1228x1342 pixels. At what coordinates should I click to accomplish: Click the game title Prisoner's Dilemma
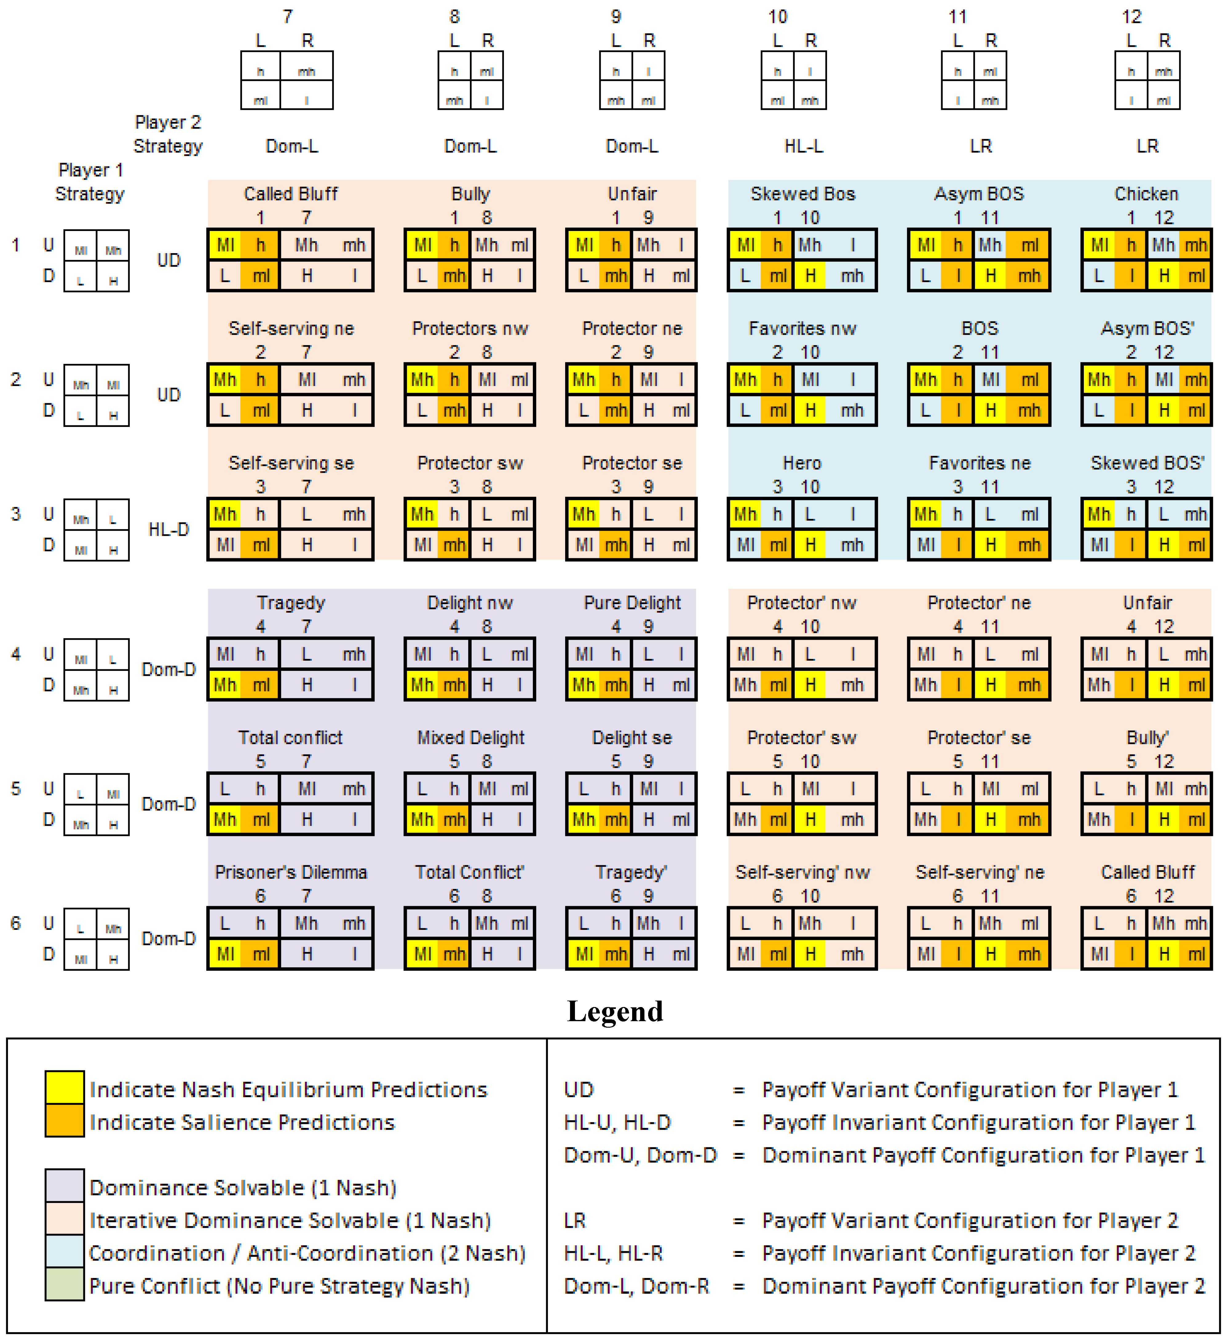coord(291,872)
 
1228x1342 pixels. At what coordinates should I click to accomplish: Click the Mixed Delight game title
coord(470,738)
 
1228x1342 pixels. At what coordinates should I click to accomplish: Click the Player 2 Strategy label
coord(168,134)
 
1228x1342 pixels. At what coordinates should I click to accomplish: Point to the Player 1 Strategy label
coord(90,182)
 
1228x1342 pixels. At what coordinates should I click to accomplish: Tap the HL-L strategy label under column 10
coord(803,146)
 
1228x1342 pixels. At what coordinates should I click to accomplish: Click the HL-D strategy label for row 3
coord(168,530)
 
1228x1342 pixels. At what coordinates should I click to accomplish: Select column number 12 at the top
coord(1131,17)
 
